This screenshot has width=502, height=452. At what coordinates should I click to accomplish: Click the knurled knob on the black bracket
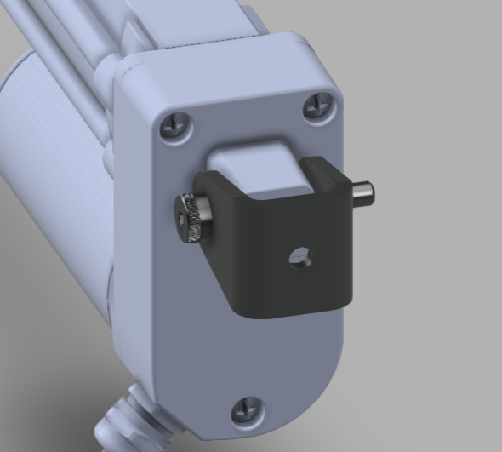191,218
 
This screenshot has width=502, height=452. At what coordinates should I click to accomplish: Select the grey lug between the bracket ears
255,166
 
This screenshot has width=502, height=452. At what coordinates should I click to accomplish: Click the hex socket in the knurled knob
185,219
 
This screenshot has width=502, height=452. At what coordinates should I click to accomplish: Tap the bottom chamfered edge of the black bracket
289,310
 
